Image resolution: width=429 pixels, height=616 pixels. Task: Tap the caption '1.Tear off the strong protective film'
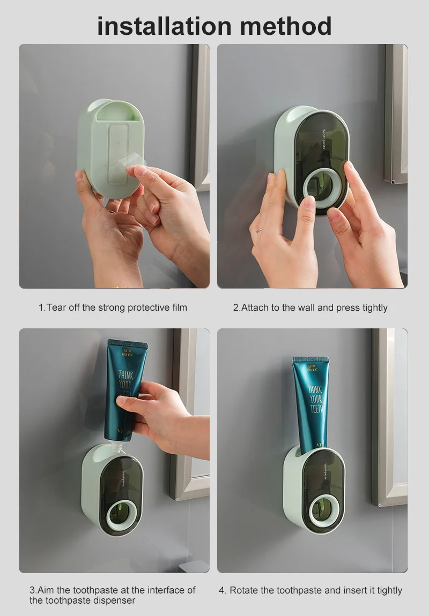tap(113, 307)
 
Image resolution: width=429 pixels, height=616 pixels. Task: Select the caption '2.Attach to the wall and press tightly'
tap(310, 307)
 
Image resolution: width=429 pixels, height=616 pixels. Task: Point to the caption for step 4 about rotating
tap(310, 590)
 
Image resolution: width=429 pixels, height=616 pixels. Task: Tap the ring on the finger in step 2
tap(260, 230)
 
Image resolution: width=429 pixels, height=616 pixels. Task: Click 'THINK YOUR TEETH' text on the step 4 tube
tap(315, 399)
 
